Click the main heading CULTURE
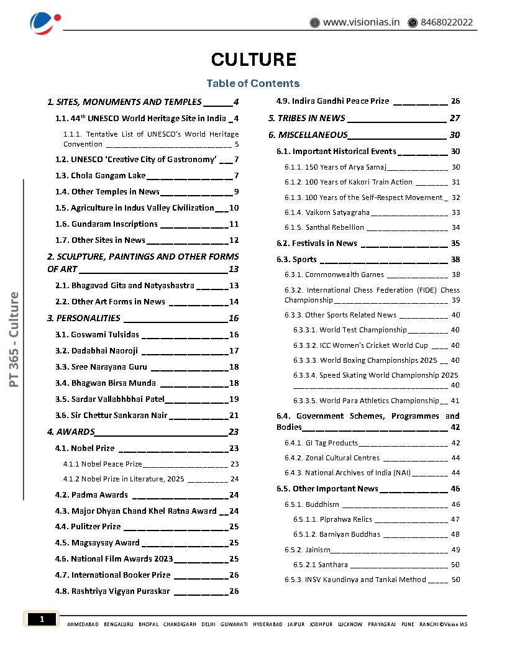tap(253, 60)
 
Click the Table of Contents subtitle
tap(253, 83)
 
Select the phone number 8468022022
tap(446, 22)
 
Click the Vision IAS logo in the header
tap(45, 22)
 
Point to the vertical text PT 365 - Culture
tap(14, 339)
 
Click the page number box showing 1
tap(42, 619)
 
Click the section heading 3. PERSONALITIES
tap(84, 318)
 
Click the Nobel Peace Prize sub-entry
tap(103, 464)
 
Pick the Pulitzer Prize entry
tap(96, 527)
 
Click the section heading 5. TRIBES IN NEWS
tap(307, 118)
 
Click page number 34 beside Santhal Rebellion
tap(455, 227)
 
